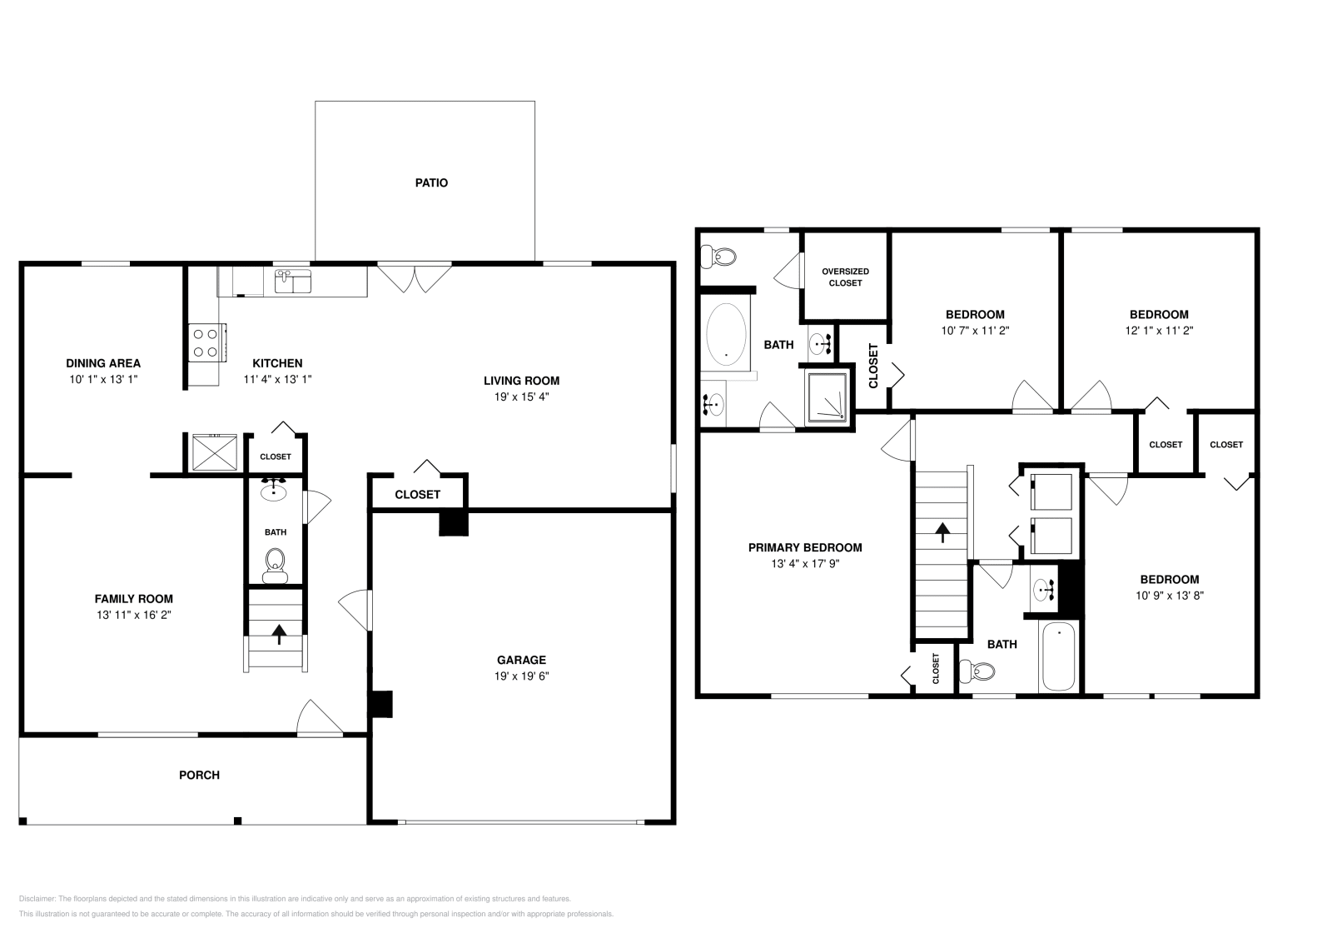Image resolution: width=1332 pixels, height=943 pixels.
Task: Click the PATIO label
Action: (431, 182)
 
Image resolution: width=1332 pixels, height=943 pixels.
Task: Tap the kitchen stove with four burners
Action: (205, 342)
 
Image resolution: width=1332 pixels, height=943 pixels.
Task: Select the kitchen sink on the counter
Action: (292, 281)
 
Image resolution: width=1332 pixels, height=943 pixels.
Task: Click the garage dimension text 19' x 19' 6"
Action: (521, 676)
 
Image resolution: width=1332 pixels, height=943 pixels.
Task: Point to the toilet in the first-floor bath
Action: (275, 566)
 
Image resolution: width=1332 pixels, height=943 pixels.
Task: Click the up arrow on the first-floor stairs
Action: (278, 636)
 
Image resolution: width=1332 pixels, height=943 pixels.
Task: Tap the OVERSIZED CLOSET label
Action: (845, 277)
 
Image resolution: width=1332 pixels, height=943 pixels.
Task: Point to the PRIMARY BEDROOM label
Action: (804, 547)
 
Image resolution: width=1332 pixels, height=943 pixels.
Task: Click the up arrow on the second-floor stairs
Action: (942, 531)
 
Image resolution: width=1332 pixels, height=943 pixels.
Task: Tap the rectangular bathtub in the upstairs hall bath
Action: (1059, 656)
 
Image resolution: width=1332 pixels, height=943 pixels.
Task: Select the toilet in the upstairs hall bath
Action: (977, 670)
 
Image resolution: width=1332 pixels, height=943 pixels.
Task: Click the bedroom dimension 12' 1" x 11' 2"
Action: (1158, 330)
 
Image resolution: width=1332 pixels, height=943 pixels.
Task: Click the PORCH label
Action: (200, 775)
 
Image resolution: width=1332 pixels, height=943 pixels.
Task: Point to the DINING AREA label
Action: (103, 363)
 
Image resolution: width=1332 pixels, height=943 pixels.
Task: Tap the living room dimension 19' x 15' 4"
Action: (521, 397)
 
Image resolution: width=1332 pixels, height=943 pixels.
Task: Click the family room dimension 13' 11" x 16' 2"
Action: (133, 615)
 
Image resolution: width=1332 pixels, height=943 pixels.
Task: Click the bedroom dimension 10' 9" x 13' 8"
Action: (1169, 595)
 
